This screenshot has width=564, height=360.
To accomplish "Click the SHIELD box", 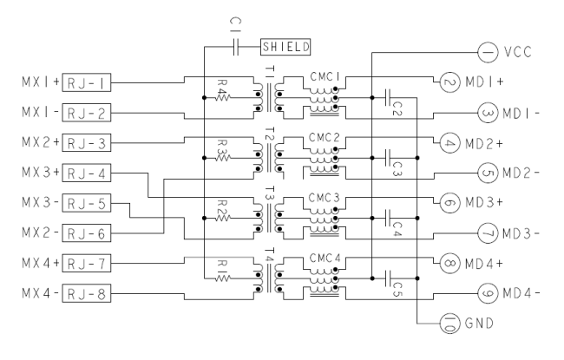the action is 285,47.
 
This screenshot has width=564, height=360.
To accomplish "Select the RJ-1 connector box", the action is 86,82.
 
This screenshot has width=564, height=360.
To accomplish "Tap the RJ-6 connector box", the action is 86,233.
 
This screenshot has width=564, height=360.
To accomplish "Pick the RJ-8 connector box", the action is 86,293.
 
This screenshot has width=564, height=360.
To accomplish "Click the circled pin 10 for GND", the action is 450,324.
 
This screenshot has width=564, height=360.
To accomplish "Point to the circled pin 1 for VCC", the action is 488,53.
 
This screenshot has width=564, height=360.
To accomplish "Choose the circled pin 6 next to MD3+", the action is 450,203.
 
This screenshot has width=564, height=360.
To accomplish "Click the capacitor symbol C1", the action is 236,47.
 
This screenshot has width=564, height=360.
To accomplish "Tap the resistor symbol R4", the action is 223,97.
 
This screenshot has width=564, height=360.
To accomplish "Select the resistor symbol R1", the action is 223,278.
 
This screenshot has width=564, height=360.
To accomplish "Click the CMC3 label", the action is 325,198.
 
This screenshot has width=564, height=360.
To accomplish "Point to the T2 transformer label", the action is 270,134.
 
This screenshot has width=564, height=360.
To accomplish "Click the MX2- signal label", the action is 41,233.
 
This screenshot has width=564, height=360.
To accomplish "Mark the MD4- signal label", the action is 521,294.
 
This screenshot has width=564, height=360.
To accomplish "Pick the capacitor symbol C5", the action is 388,278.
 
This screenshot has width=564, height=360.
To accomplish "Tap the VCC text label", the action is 518,53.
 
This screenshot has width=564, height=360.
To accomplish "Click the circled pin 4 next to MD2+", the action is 450,143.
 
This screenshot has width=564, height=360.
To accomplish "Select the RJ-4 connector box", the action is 86,173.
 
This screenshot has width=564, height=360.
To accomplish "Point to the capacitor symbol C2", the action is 388,97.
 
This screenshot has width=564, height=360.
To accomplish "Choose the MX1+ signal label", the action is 41,82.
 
